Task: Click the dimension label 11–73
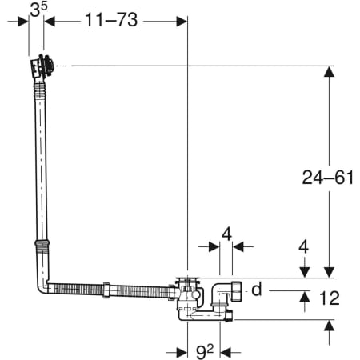pos(111,19)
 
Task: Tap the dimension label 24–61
pos(328,178)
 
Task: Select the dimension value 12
pos(330,298)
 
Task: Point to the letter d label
pos(257,289)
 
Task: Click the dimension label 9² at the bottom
pos(205,352)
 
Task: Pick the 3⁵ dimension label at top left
pos(38,10)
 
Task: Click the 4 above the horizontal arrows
pos(226,234)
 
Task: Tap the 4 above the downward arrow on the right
pos(304,247)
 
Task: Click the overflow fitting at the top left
pos(42,66)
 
